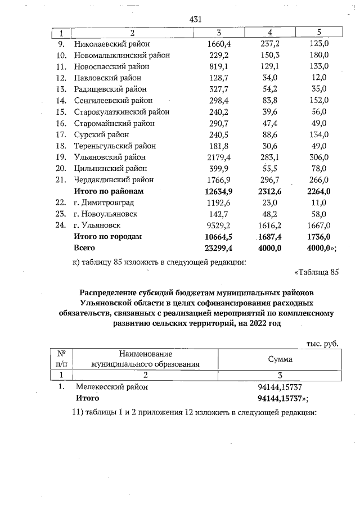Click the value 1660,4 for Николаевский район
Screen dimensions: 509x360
tap(220, 44)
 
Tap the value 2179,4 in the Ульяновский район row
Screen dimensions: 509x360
tap(220, 157)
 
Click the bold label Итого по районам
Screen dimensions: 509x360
tap(109, 191)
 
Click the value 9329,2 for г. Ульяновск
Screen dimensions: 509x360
tap(220, 225)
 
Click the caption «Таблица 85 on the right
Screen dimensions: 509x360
tap(317, 273)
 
